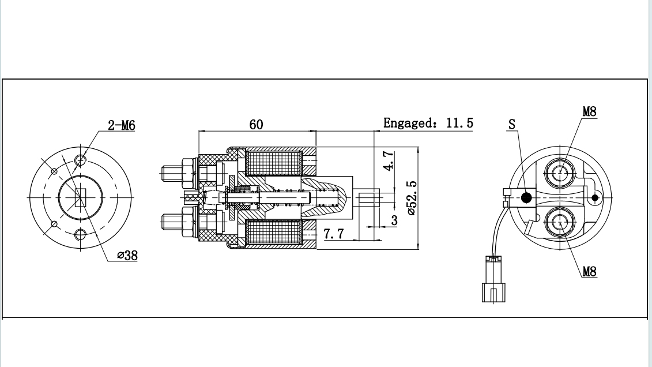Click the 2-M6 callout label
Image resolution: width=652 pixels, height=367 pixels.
121,125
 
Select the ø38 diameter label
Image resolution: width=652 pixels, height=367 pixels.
127,255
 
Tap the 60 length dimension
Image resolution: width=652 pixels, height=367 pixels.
256,124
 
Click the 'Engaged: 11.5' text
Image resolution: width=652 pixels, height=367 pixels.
428,123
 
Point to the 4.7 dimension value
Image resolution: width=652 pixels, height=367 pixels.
389,161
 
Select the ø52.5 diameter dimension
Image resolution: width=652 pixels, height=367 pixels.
412,197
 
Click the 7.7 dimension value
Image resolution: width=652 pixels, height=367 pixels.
334,234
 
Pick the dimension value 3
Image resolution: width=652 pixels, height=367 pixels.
394,220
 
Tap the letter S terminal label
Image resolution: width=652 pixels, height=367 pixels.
512,124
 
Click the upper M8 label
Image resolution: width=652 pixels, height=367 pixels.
589,111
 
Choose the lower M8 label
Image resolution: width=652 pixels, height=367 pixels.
589,271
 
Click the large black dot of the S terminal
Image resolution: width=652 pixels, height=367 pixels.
526,198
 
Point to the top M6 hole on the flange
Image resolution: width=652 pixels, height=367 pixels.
81,159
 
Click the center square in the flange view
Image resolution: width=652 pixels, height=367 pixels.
80,197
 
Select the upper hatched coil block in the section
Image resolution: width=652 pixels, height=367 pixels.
274,163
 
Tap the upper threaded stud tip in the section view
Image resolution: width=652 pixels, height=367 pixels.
167,172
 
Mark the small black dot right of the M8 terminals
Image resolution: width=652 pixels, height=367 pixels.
595,198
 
